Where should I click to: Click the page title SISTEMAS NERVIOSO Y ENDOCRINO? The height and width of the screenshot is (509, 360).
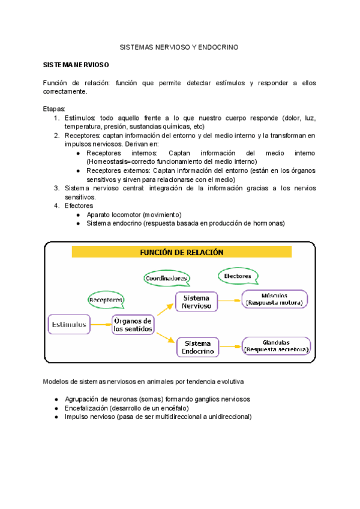point(179,46)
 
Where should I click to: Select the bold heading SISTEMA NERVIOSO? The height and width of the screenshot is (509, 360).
point(76,64)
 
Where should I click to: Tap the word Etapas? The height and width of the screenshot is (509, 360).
point(55,109)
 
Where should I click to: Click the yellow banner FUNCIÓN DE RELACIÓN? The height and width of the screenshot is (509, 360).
point(181,253)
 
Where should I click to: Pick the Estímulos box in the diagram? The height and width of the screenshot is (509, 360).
point(69,325)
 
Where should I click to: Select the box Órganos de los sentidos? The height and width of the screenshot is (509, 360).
point(133,325)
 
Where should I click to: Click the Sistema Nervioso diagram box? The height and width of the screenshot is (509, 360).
point(197,301)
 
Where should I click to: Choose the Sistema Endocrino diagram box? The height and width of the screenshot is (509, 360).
point(197,347)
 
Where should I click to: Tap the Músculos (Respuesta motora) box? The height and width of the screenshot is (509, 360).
point(274,299)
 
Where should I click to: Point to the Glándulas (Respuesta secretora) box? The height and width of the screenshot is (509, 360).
point(276,346)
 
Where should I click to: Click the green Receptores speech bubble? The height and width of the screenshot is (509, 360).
point(106,299)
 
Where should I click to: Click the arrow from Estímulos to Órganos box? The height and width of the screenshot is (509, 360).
point(101,325)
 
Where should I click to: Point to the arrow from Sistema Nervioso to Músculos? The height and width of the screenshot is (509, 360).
point(229,300)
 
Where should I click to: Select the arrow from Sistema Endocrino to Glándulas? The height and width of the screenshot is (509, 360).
point(229,346)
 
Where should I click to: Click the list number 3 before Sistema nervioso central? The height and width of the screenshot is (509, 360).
point(56,188)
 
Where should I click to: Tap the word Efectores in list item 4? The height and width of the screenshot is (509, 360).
point(79,206)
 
